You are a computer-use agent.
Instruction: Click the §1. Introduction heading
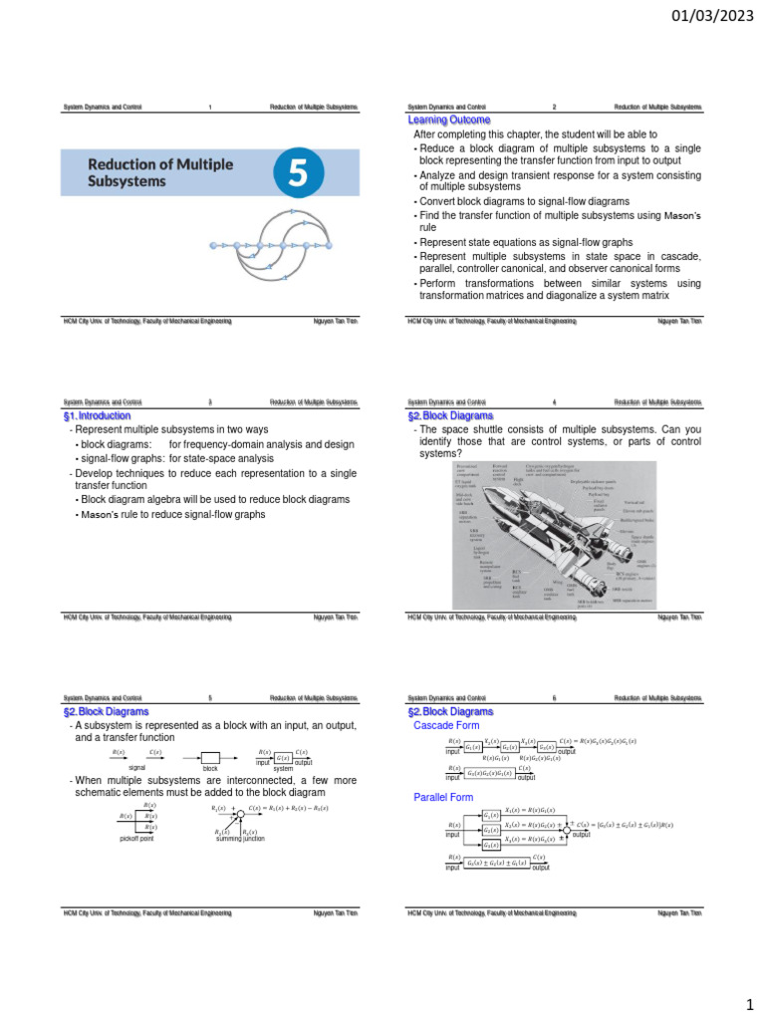pos(97,415)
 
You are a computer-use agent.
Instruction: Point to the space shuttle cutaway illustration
pos(558,533)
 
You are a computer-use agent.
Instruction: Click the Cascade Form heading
pos(446,725)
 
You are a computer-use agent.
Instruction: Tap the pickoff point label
pos(137,840)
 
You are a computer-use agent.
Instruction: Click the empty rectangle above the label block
pos(210,758)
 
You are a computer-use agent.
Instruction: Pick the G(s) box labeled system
pos(283,758)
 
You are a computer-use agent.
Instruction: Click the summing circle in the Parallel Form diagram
pos(566,830)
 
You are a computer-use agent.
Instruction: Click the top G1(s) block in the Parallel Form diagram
pos(491,815)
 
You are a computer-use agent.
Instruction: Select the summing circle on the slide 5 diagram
pos(239,815)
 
